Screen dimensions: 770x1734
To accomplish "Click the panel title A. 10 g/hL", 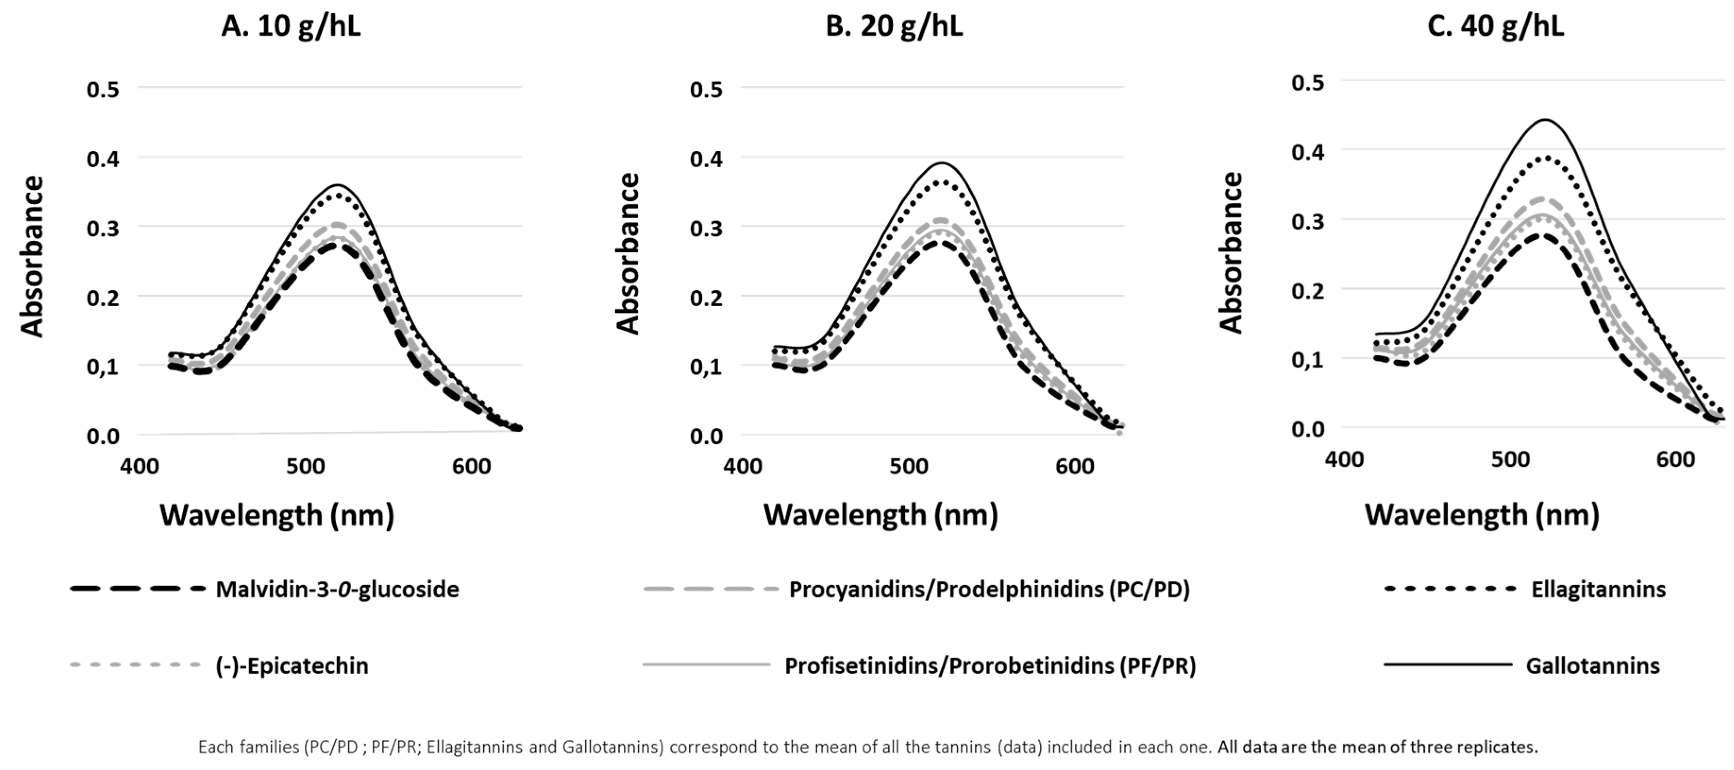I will [x=290, y=27].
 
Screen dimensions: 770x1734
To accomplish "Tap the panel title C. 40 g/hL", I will [x=1495, y=27].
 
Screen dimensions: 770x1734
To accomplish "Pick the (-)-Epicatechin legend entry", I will [x=292, y=666].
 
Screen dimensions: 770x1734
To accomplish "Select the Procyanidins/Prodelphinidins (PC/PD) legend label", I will [x=989, y=590].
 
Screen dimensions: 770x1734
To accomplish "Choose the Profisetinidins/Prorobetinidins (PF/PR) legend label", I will [x=989, y=666].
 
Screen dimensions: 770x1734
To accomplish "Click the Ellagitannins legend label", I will [x=1598, y=590].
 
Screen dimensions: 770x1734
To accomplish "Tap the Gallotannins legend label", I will [x=1592, y=666].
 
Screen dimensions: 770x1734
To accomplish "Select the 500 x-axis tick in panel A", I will [x=305, y=466].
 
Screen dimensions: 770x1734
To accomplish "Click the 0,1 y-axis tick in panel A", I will [x=102, y=367].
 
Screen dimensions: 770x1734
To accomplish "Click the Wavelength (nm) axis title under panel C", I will [x=1482, y=515].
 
